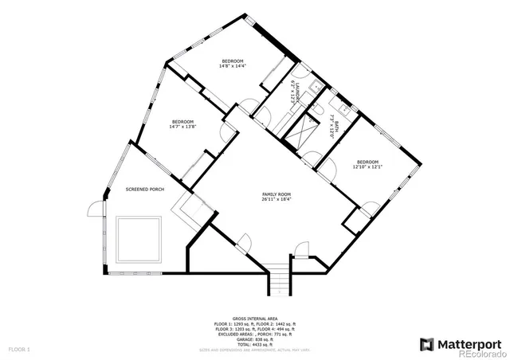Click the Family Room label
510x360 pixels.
tap(277, 195)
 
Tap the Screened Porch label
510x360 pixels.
tap(145, 189)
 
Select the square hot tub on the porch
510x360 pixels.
tap(140, 240)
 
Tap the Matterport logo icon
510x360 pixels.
tap(426, 344)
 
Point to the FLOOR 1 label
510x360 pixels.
tap(19, 350)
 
